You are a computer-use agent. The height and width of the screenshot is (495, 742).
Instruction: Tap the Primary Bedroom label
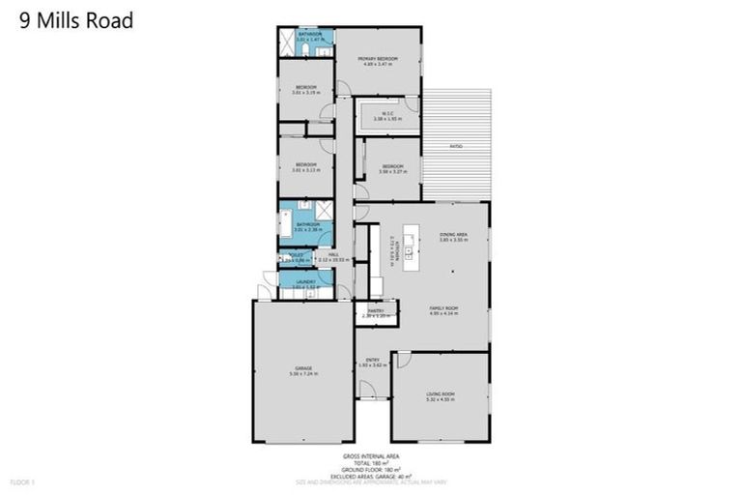pyautogui.click(x=378, y=60)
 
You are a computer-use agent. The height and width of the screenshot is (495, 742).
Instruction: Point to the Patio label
pyautogui.click(x=456, y=146)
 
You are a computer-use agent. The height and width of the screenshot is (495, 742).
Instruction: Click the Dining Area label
pyautogui.click(x=453, y=235)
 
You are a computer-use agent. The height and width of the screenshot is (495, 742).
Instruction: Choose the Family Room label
pyautogui.click(x=443, y=309)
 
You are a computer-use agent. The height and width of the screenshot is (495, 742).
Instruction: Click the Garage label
pyautogui.click(x=304, y=370)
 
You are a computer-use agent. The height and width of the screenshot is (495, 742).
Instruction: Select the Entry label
pyautogui.click(x=372, y=362)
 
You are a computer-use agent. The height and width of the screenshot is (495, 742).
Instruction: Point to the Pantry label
pyautogui.click(x=375, y=311)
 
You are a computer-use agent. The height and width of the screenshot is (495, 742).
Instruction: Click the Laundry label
pyautogui.click(x=305, y=282)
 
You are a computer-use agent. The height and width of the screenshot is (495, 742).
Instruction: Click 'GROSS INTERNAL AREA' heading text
pyautogui.click(x=371, y=455)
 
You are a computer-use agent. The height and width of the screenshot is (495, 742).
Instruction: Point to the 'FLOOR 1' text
pyautogui.click(x=21, y=480)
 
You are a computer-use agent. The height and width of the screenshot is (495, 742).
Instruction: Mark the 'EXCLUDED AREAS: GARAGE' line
pyautogui.click(x=371, y=475)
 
